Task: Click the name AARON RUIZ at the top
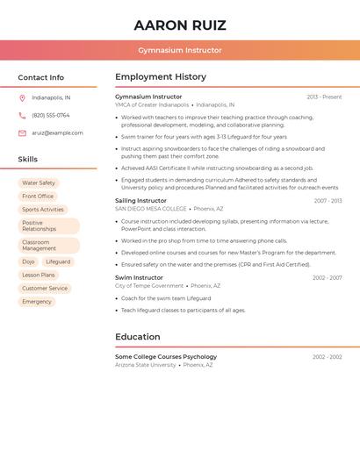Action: pyautogui.click(x=179, y=25)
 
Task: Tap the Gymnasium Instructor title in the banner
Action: pyautogui.click(x=179, y=50)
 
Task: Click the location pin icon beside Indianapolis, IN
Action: pyautogui.click(x=22, y=97)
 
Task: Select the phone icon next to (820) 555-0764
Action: pyautogui.click(x=22, y=115)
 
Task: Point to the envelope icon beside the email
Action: pyautogui.click(x=22, y=133)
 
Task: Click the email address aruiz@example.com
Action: pyautogui.click(x=57, y=133)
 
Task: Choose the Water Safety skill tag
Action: pyautogui.click(x=39, y=183)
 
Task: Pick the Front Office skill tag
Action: pyautogui.click(x=38, y=197)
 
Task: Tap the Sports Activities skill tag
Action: pyautogui.click(x=43, y=210)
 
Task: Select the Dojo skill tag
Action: pyautogui.click(x=28, y=261)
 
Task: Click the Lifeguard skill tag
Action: pyautogui.click(x=58, y=261)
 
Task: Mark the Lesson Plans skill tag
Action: pyautogui.click(x=39, y=275)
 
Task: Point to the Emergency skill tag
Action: pyautogui.click(x=37, y=302)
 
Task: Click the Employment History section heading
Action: pyautogui.click(x=161, y=77)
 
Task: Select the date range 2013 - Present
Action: pyautogui.click(x=324, y=97)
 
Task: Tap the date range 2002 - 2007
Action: pyautogui.click(x=327, y=278)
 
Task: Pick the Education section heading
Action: pyautogui.click(x=138, y=337)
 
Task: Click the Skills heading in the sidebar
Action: pyautogui.click(x=28, y=160)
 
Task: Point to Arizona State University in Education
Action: pyautogui.click(x=146, y=365)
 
